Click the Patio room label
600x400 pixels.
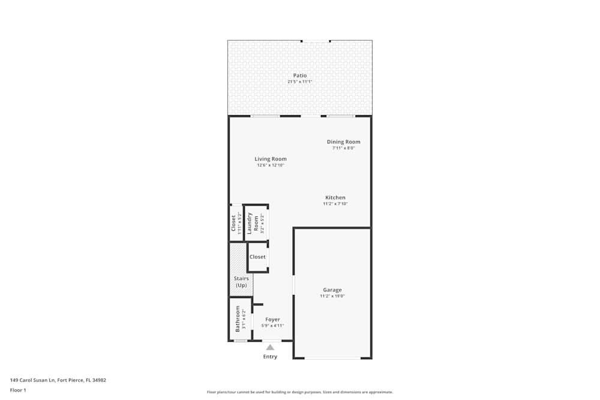tap(300, 76)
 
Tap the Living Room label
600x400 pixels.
tap(271, 159)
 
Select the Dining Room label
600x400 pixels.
tap(344, 142)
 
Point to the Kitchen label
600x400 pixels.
tap(335, 197)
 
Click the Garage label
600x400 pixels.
tap(332, 290)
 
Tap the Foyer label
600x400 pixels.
tap(272, 320)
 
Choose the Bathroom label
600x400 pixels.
tap(238, 319)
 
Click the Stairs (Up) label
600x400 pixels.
tap(241, 282)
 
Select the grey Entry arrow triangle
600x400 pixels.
tap(271, 347)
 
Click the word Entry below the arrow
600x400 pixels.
tap(271, 357)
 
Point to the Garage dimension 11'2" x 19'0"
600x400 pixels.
tap(332, 296)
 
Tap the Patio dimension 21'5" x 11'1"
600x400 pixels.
tap(300, 82)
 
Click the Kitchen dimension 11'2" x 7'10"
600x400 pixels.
tap(335, 204)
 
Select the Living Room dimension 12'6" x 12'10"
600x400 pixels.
tap(271, 166)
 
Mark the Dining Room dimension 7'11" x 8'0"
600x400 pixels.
tap(344, 148)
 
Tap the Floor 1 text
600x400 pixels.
tap(18, 390)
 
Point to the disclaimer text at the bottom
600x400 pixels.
tap(300, 392)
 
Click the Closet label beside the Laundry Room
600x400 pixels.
tap(234, 223)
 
